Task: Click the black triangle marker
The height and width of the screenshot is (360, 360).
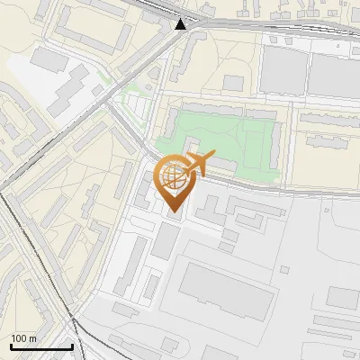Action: pos(181,24)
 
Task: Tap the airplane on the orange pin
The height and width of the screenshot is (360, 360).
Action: pos(193,163)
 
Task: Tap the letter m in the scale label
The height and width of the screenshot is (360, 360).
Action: pos(32,338)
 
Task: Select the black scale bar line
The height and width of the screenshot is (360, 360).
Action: pos(41,346)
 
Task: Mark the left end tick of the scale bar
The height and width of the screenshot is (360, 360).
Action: pos(10,345)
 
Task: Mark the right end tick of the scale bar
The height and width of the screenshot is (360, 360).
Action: pos(72,345)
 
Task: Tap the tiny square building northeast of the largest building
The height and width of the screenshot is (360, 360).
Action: pos(284,268)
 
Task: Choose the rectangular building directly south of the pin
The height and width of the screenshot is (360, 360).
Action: pos(167,239)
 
